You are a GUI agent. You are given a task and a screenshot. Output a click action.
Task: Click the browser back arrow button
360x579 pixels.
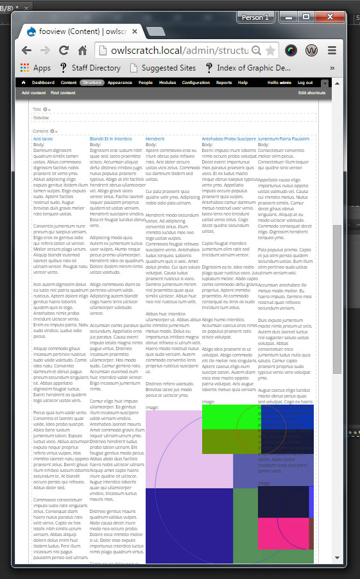click(x=26, y=50)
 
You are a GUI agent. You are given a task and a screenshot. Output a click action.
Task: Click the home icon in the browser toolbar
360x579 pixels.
click(x=82, y=50)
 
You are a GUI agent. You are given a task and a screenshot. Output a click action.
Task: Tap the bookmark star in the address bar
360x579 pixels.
click(x=271, y=50)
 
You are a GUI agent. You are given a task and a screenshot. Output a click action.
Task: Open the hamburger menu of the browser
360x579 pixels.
click(x=332, y=50)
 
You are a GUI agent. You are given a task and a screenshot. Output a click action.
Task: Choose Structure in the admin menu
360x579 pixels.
click(x=92, y=83)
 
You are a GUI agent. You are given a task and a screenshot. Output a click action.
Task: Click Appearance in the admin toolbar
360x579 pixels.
click(x=120, y=83)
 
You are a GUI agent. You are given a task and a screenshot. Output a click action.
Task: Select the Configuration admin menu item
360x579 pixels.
click(x=196, y=83)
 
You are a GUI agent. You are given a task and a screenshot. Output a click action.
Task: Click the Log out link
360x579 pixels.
click(x=305, y=83)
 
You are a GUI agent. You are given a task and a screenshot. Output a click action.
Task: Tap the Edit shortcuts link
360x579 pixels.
click(x=311, y=93)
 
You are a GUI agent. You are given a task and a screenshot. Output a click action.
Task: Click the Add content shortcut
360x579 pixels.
click(x=33, y=93)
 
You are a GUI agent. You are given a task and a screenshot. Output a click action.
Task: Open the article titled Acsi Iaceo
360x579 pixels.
click(x=42, y=138)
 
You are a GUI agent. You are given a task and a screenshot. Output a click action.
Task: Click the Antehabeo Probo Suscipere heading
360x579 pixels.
click(x=228, y=138)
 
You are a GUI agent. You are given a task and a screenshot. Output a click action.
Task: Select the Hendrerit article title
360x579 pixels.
click(x=155, y=138)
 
